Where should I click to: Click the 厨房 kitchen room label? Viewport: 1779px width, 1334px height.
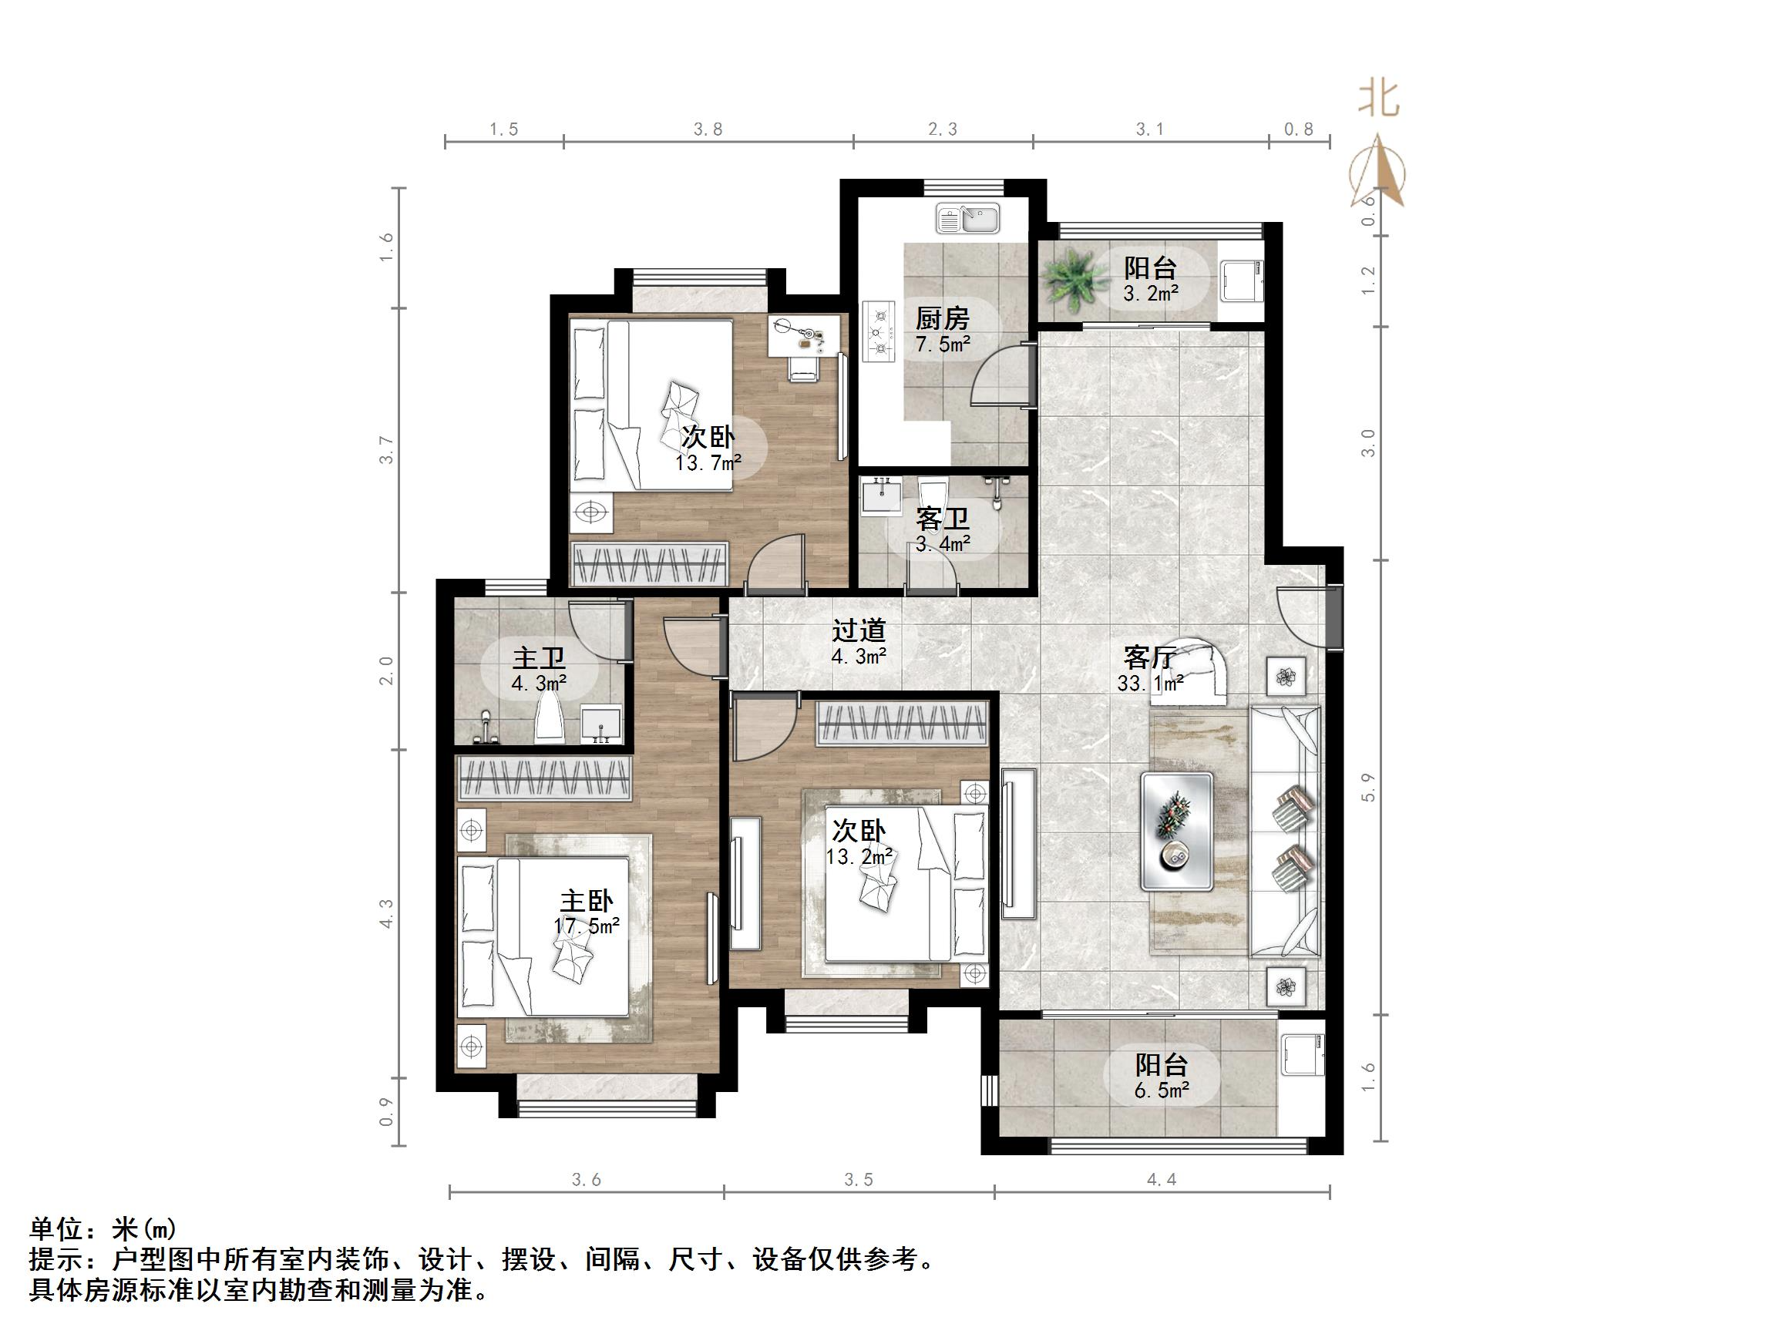(942, 319)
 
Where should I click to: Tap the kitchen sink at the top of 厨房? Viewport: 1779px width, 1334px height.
(967, 218)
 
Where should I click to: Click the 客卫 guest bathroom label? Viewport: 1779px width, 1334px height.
(942, 519)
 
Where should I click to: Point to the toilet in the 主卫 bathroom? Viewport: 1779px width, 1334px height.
(550, 718)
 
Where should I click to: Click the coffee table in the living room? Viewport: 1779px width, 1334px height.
(1175, 832)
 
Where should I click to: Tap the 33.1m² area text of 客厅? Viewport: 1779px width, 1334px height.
(1150, 684)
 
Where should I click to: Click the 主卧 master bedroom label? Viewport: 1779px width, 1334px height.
(587, 902)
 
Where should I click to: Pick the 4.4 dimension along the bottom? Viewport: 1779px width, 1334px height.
(1162, 1180)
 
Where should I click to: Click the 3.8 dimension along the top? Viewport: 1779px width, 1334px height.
(708, 129)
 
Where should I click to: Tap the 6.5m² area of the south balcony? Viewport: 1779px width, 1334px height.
(1162, 1090)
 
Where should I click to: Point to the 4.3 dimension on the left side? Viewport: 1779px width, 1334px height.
(387, 913)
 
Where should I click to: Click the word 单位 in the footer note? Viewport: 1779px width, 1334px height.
(56, 1229)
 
